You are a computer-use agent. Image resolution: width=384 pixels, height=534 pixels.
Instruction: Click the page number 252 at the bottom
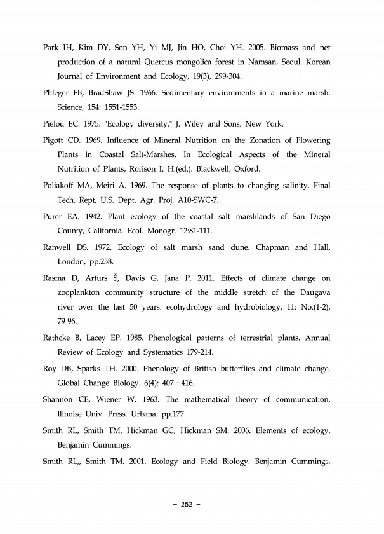[x=187, y=505]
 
